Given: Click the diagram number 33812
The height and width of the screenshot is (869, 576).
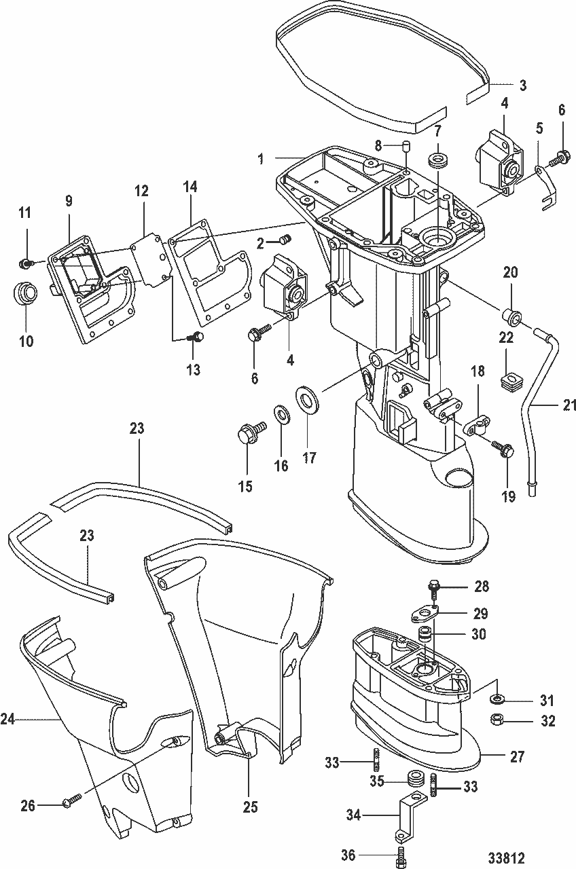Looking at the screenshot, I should pyautogui.click(x=505, y=858).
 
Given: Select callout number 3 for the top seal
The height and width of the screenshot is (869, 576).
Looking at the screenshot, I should pyautogui.click(x=522, y=86).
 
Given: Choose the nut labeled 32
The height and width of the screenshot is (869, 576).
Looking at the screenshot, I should pyautogui.click(x=496, y=720).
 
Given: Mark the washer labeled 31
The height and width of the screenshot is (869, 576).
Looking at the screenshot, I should pyautogui.click(x=497, y=699).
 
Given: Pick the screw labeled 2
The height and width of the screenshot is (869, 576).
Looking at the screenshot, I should pyautogui.click(x=285, y=240).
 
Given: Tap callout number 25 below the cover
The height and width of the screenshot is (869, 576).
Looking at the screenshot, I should pyautogui.click(x=251, y=807).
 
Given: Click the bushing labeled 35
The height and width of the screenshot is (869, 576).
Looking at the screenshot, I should pyautogui.click(x=412, y=779).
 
